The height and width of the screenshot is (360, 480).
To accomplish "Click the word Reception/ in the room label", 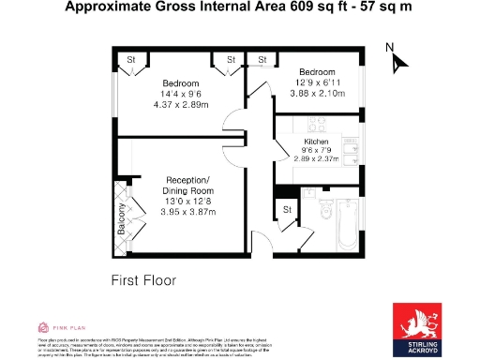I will (190, 180).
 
